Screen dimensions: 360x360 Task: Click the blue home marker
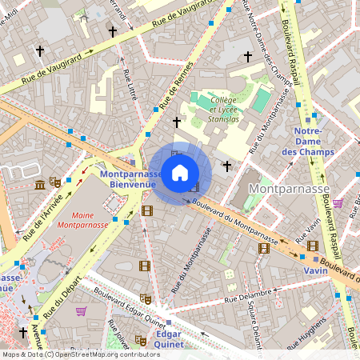180,172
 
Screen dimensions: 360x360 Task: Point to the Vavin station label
314,270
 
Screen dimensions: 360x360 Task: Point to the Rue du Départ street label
65,295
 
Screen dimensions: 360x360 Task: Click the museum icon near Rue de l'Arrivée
40,186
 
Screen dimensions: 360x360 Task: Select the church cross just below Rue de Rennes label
177,122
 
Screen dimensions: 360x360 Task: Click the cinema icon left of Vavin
264,248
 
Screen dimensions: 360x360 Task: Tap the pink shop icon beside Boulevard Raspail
338,202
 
